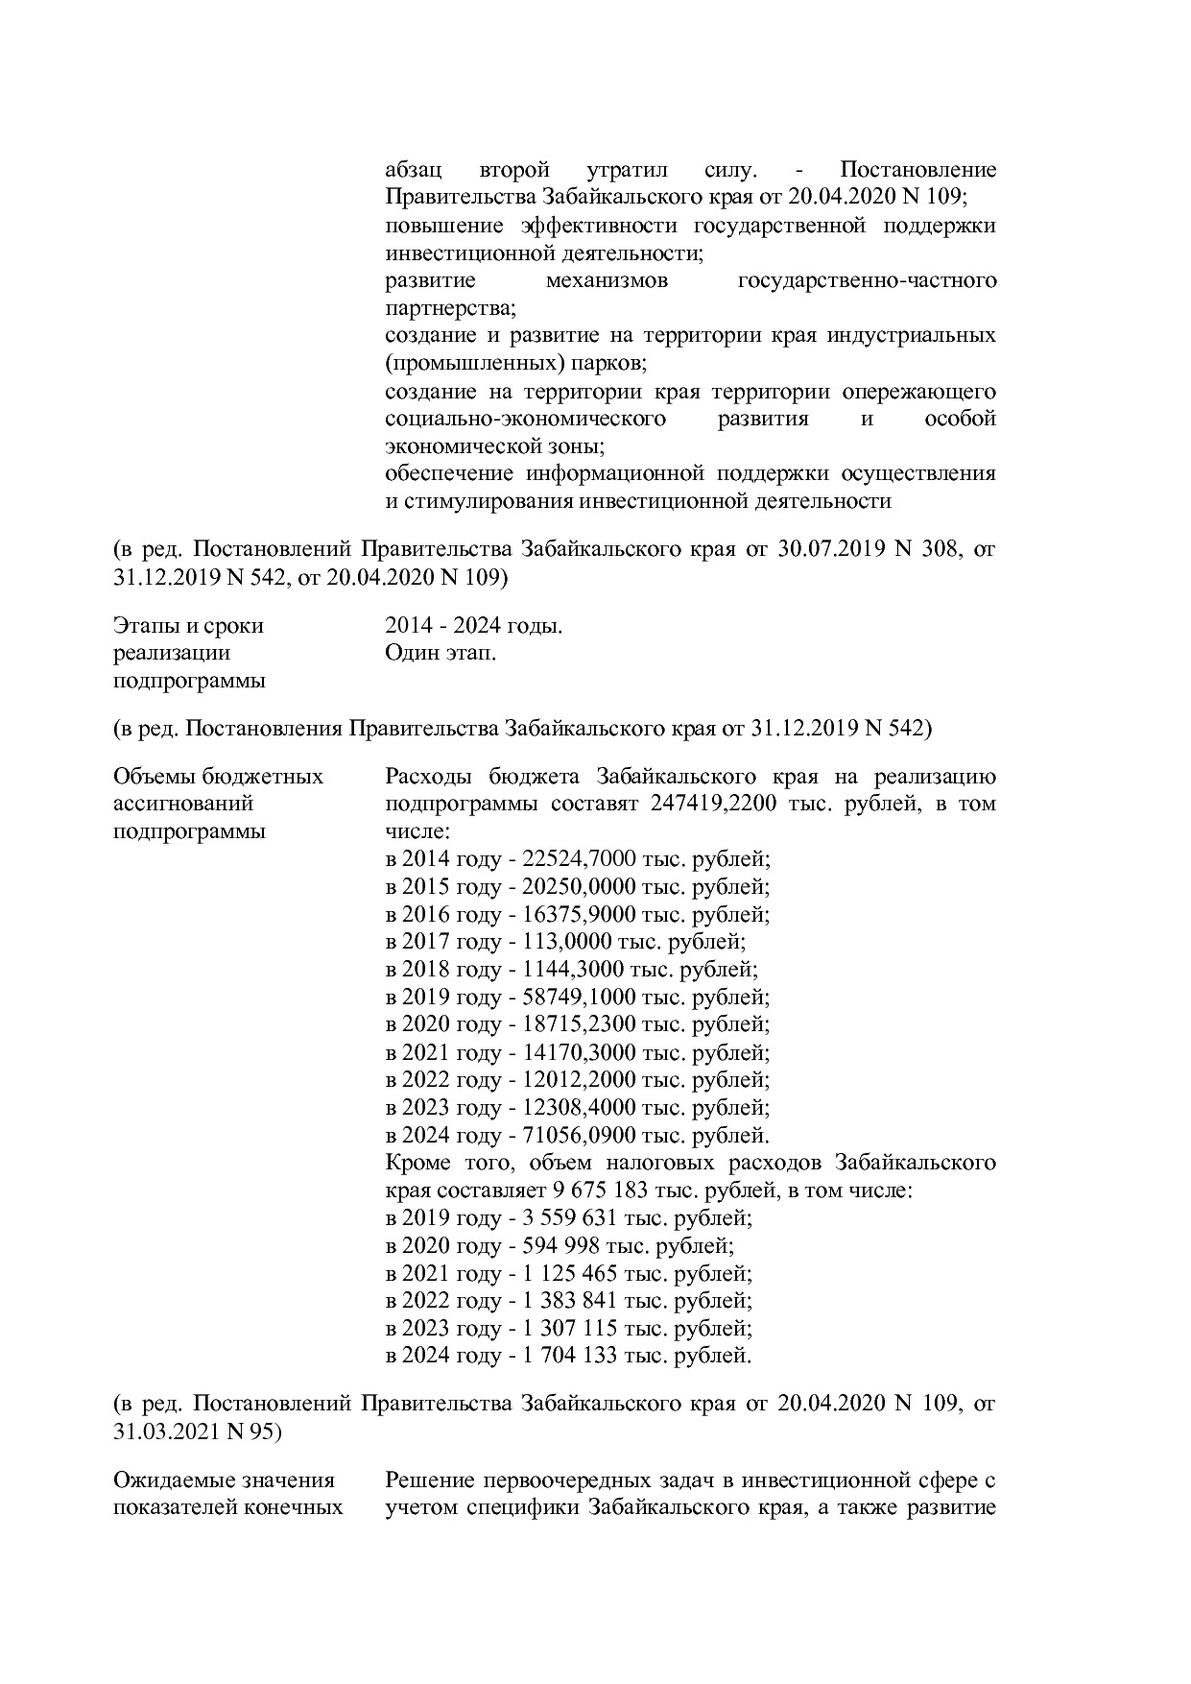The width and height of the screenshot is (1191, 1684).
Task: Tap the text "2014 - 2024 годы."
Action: coord(473,626)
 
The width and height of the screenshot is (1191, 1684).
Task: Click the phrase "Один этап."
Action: coord(441,654)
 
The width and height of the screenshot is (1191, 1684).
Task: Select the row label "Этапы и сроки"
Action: coord(188,626)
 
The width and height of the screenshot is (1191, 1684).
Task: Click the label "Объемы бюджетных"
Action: coord(218,776)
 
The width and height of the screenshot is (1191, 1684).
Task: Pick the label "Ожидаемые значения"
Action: coord(224,1480)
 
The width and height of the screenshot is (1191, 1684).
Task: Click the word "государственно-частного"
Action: coord(866,281)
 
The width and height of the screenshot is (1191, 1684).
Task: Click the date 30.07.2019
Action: coord(823,550)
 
